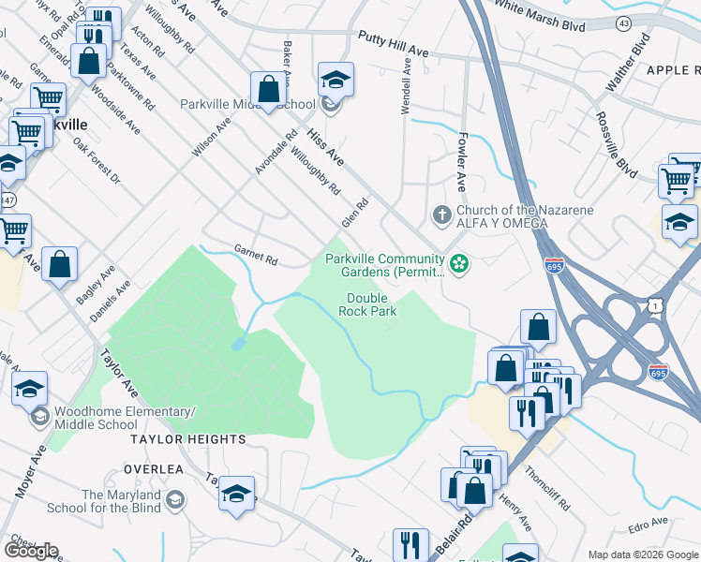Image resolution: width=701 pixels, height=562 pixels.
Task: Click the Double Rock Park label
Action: pyautogui.click(x=366, y=304)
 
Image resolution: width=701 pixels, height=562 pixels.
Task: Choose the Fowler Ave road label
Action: pyautogui.click(x=461, y=159)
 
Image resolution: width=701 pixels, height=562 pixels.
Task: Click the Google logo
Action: pyautogui.click(x=31, y=551)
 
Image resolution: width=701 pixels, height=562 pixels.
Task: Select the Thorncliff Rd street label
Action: pyautogui.click(x=547, y=487)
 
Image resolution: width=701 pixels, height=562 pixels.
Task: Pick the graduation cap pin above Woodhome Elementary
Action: pyautogui.click(x=29, y=388)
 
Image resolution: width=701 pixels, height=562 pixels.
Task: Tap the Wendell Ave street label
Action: pyautogui.click(x=407, y=88)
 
